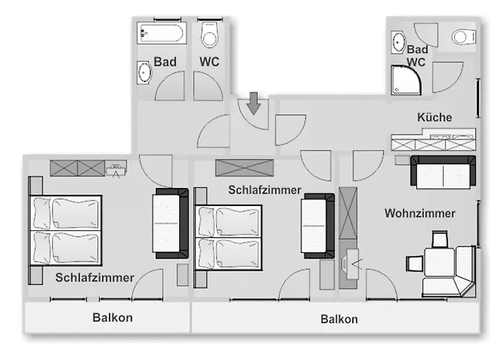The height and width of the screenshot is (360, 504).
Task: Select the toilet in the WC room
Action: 210,35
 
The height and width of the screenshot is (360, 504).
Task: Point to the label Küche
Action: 434,117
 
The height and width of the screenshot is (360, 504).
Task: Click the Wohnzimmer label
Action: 420,214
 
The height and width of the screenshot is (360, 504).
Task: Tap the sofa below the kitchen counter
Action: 443,171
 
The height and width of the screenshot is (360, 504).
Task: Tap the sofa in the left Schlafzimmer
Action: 171,224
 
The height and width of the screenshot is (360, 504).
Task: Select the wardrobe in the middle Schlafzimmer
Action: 245,168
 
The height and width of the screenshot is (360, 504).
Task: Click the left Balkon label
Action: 112,318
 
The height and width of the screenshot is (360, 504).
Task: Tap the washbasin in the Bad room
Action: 145,72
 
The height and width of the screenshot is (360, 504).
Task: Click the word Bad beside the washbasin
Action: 165,63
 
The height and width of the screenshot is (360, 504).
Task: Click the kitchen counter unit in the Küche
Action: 433,140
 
